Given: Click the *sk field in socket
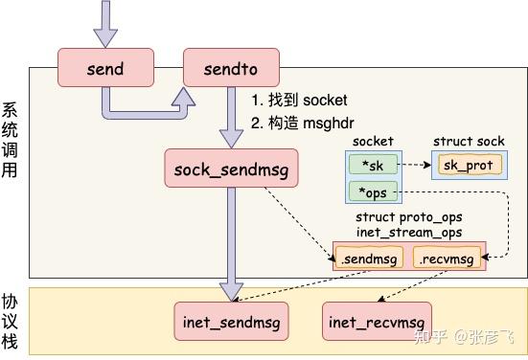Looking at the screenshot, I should tap(373, 164).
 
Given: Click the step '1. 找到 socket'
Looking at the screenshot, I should tap(299, 100).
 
